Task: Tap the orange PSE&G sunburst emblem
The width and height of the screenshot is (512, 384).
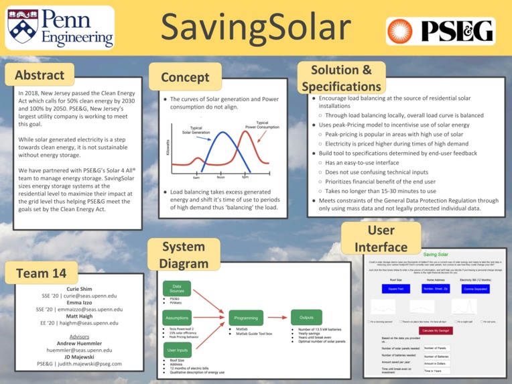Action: click(403, 31)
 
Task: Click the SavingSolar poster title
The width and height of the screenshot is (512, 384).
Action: click(255, 27)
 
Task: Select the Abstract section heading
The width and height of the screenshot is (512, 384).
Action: click(40, 75)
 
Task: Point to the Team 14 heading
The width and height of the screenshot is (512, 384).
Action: click(41, 273)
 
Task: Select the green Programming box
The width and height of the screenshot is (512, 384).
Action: click(246, 318)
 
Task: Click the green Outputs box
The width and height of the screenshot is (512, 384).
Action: click(306, 318)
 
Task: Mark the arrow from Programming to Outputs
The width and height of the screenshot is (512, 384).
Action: click(277, 318)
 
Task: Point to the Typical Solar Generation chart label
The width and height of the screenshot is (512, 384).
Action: click(200, 130)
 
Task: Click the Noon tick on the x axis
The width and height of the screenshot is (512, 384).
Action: click(220, 178)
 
